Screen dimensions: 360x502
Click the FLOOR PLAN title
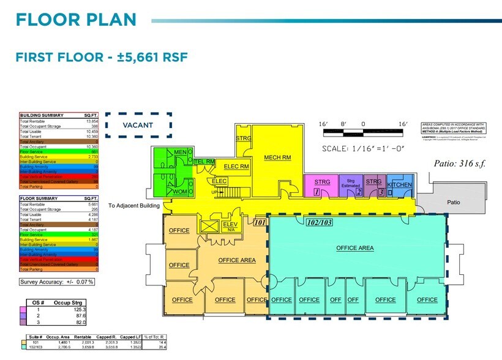76,19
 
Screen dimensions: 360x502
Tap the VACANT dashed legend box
138,126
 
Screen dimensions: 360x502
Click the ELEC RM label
236,166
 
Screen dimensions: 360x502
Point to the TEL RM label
204,162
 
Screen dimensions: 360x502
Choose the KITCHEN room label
400,184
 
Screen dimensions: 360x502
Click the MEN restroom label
180,152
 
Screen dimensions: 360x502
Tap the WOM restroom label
179,192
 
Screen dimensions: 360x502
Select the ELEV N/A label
230,227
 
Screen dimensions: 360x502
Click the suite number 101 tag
259,223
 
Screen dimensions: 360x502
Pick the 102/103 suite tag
318,223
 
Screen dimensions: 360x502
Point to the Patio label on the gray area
454,202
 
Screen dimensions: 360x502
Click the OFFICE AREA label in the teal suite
355,248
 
